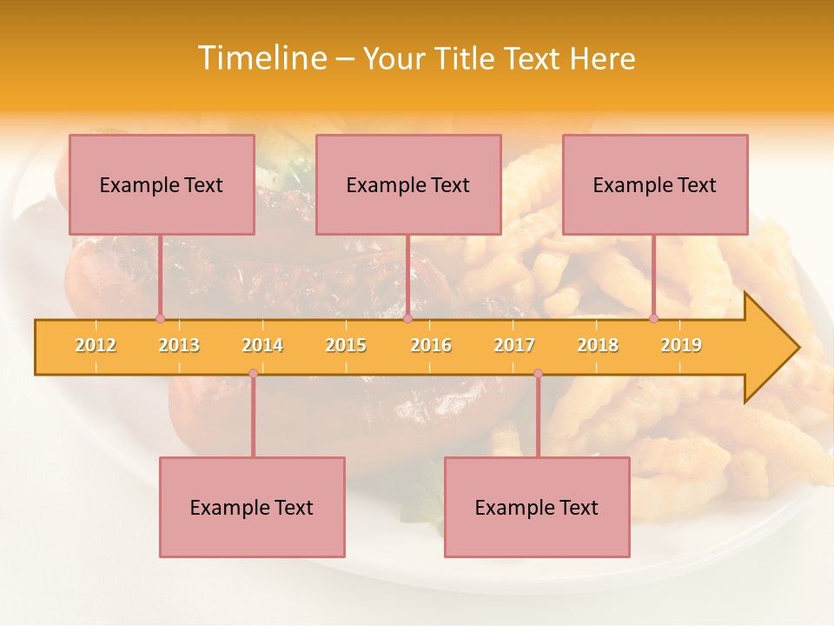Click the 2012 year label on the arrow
pyautogui.click(x=96, y=345)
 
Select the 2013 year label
pyautogui.click(x=179, y=345)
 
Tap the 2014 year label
pyautogui.click(x=262, y=345)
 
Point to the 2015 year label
pyautogui.click(x=346, y=345)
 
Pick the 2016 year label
pyautogui.click(x=431, y=345)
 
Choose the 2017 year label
pyautogui.click(x=514, y=345)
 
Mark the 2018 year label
pyautogui.click(x=598, y=345)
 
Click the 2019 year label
pyautogui.click(x=681, y=345)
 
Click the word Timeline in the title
pyautogui.click(x=261, y=58)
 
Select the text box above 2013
pyautogui.click(x=162, y=184)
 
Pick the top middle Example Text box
pyautogui.click(x=408, y=184)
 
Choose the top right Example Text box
pyautogui.click(x=655, y=184)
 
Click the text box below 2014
pyautogui.click(x=252, y=507)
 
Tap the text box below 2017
pyautogui.click(x=537, y=507)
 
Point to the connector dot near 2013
pyautogui.click(x=160, y=319)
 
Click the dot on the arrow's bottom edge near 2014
pyautogui.click(x=253, y=374)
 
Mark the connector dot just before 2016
pyautogui.click(x=407, y=319)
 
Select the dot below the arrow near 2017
pyautogui.click(x=538, y=374)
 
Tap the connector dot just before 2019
pyautogui.click(x=653, y=319)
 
